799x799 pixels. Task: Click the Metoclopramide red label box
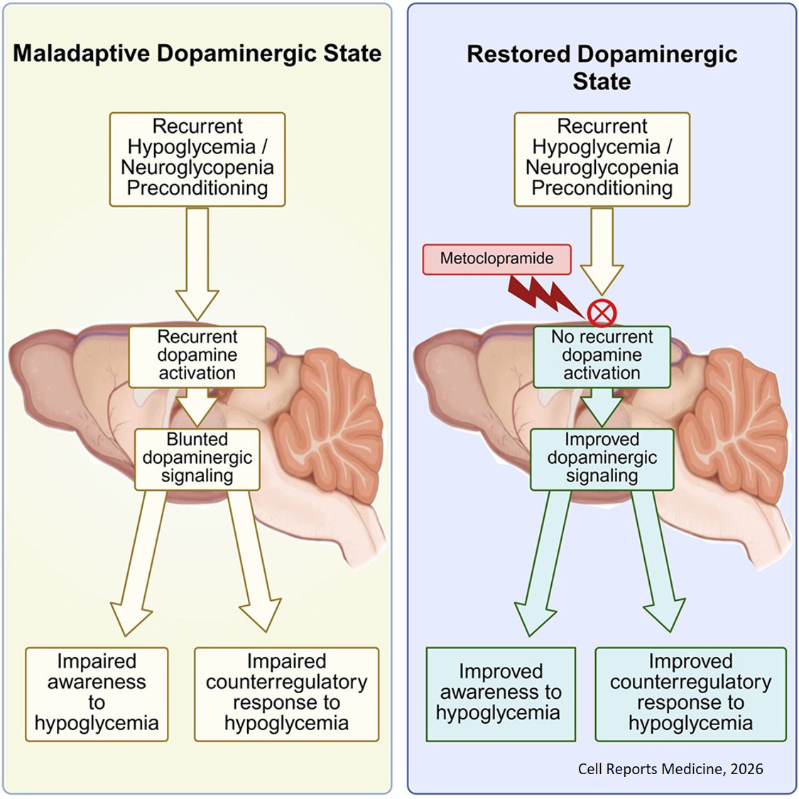click(496, 259)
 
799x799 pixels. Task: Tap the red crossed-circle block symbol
click(602, 312)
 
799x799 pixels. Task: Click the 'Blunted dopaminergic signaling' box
click(197, 459)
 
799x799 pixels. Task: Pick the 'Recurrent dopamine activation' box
click(197, 356)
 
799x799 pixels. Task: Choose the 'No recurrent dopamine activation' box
click(602, 356)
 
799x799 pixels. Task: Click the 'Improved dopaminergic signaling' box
click(602, 459)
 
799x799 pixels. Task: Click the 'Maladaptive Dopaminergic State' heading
click(197, 54)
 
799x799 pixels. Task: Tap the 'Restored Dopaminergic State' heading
click(602, 67)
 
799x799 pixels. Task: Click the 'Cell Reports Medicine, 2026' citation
click(670, 768)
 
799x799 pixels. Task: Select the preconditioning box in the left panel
click(197, 158)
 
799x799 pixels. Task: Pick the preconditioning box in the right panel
click(602, 158)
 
